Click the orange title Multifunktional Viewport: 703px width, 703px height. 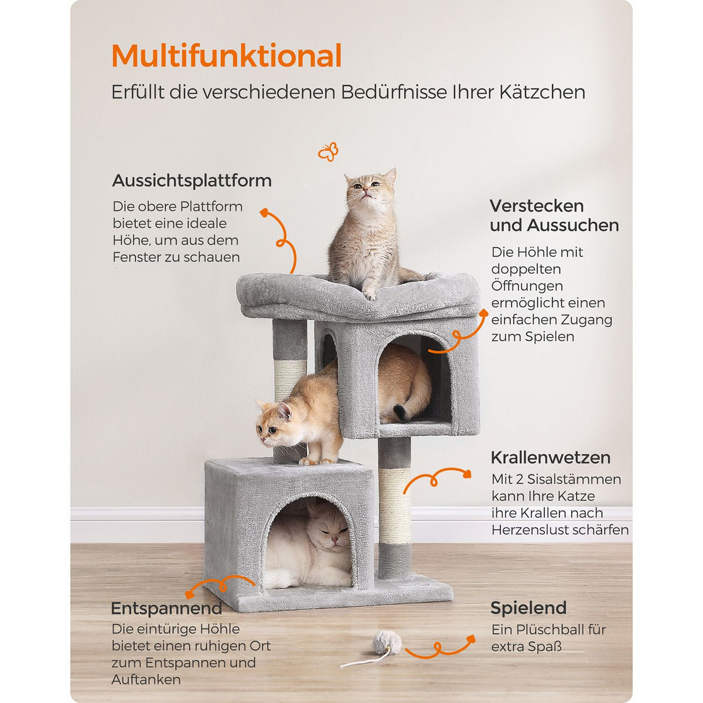227,56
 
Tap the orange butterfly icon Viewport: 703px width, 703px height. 328,152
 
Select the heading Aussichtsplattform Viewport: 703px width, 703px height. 192,180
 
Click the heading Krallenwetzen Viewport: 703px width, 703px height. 551,458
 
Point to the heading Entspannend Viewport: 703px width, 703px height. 166,608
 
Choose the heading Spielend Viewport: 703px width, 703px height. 528,608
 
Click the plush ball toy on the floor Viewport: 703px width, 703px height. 387,643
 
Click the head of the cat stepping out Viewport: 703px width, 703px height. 274,422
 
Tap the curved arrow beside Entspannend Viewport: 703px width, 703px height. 221,585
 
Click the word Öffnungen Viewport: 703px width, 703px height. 527,286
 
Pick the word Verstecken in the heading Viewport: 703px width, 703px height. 537,206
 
